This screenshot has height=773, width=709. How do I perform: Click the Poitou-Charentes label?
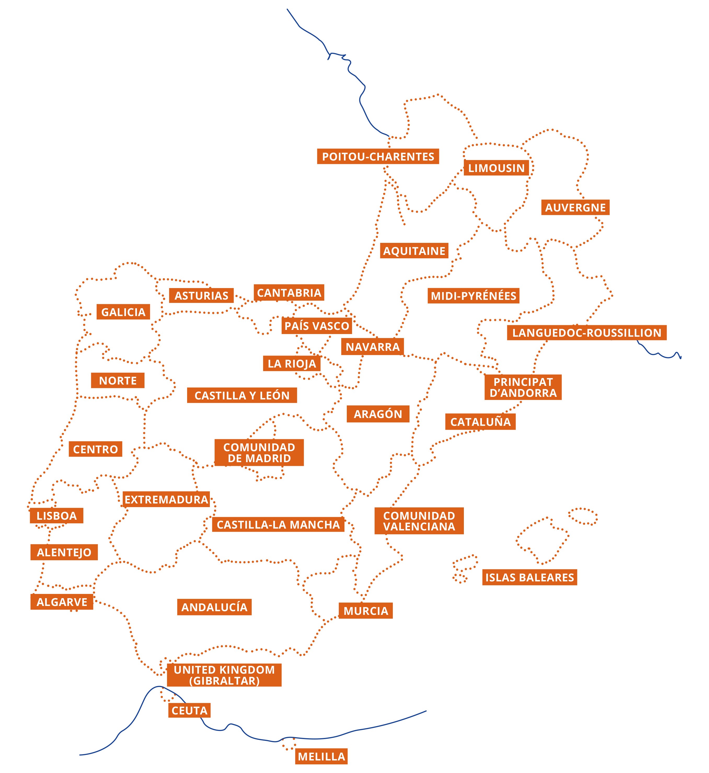point(378,157)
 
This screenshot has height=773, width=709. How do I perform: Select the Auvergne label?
point(575,208)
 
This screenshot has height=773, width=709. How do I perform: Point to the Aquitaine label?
point(414,251)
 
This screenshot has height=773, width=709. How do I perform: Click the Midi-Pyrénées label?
point(474,296)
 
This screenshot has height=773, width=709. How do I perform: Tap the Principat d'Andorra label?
point(523,387)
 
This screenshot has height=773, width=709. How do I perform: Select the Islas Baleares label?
point(529,577)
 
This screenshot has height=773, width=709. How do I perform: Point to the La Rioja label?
point(292,363)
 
